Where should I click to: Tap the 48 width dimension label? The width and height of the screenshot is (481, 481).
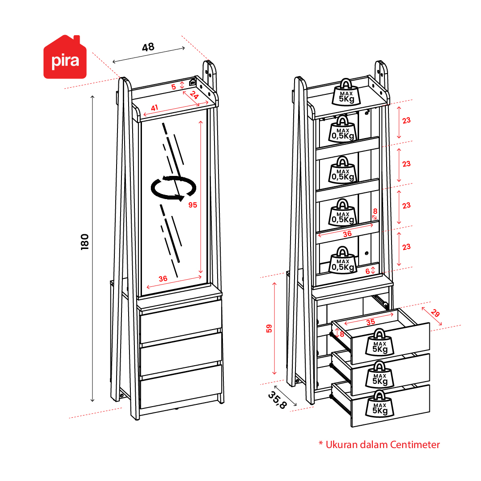(x=148, y=47)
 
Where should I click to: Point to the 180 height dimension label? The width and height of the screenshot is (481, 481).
(x=85, y=241)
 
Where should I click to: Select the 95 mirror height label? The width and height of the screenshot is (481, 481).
(x=193, y=205)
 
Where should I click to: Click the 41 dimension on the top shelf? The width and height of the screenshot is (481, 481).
(x=154, y=107)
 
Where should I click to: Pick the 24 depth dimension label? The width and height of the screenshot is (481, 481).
(x=194, y=95)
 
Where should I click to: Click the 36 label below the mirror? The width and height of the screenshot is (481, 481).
(x=163, y=278)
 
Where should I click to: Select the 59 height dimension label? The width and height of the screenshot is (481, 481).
(x=268, y=328)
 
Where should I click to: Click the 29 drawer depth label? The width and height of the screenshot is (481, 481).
(x=435, y=313)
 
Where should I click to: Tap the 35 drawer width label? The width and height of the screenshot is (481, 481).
(x=370, y=322)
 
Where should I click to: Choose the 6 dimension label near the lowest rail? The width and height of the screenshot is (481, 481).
(x=367, y=270)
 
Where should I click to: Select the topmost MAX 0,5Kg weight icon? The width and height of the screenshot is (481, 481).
(x=342, y=129)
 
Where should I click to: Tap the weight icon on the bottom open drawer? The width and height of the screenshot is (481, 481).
(x=380, y=403)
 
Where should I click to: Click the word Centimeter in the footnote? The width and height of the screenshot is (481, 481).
(x=415, y=444)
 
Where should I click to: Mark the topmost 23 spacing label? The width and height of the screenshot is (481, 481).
(x=406, y=120)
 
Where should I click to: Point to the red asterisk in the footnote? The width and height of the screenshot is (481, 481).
(x=320, y=444)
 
